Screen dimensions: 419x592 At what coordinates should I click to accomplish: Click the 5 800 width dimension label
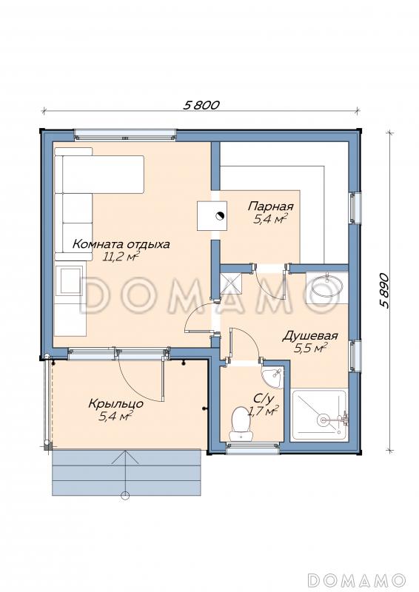(x=201, y=104)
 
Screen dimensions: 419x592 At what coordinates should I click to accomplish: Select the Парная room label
(x=270, y=206)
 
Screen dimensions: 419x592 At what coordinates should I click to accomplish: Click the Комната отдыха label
(x=121, y=244)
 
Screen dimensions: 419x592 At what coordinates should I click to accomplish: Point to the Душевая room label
(x=310, y=336)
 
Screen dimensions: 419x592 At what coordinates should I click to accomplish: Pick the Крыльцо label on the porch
(x=116, y=403)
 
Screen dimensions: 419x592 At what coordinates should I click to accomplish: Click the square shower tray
(x=320, y=416)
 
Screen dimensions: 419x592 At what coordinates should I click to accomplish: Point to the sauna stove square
(x=212, y=215)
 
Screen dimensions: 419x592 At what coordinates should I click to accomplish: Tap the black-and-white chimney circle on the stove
(x=220, y=216)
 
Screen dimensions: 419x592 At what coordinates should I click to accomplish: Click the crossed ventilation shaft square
(x=232, y=283)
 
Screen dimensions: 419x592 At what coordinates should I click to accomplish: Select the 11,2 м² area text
(x=119, y=257)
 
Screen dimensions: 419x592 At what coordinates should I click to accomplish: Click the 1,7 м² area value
(x=263, y=411)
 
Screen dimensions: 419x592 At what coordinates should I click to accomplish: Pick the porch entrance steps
(x=127, y=472)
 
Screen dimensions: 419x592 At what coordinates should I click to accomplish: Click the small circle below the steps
(x=126, y=496)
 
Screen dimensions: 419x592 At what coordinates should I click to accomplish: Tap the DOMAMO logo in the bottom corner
(x=356, y=579)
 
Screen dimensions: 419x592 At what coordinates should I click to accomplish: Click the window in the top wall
(x=125, y=135)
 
